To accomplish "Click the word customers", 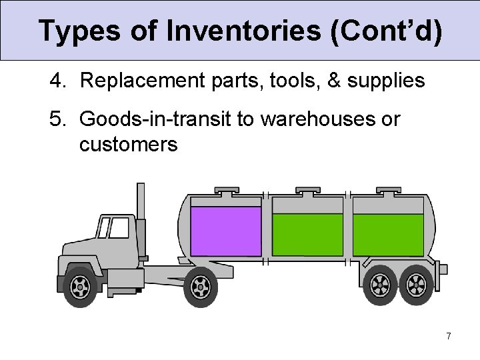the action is point(129,144).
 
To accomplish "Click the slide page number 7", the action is point(449,336).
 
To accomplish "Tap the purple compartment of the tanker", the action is point(225,231).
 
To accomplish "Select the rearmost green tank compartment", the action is point(387,234).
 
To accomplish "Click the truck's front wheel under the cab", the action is point(81,287).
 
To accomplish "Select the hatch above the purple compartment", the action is point(227,191).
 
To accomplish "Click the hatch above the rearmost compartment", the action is point(389,191).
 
